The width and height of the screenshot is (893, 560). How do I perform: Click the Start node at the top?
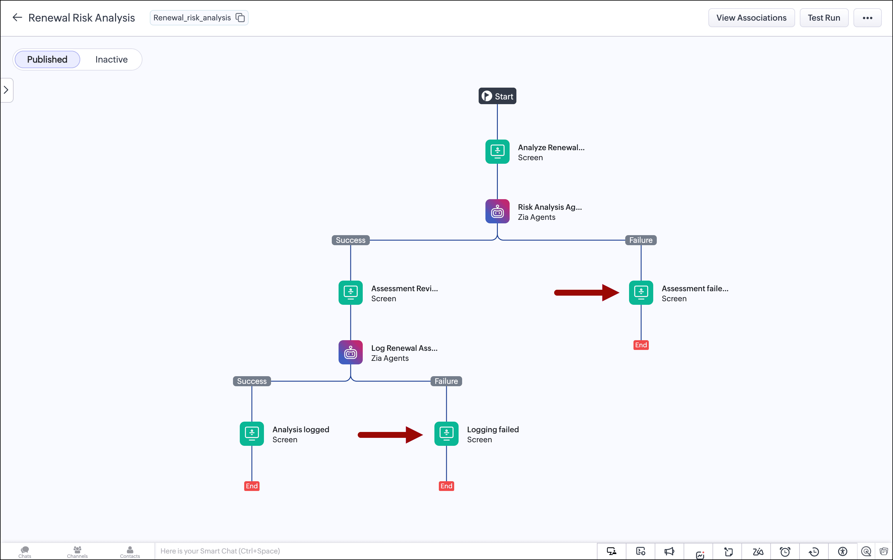(497, 96)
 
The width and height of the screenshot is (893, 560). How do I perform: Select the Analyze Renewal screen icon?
(497, 151)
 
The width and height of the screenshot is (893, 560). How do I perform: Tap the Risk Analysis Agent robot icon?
(497, 211)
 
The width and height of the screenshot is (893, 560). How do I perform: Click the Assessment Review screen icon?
(350, 293)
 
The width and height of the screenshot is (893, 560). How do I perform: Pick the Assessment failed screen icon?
(641, 293)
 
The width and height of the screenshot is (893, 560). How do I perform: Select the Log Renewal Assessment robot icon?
(350, 352)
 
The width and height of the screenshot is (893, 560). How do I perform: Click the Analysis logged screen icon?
(252, 434)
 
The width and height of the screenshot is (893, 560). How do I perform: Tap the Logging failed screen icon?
(446, 434)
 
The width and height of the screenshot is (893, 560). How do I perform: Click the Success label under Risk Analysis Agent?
(351, 240)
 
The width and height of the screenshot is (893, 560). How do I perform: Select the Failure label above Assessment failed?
(641, 240)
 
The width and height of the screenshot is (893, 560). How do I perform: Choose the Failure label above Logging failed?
(446, 381)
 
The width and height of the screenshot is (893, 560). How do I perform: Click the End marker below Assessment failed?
(641, 345)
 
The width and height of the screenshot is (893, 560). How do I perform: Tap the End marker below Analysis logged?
(252, 486)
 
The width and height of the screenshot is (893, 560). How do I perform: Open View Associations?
(751, 18)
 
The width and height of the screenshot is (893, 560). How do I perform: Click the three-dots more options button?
(867, 18)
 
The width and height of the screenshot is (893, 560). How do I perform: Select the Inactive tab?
(111, 59)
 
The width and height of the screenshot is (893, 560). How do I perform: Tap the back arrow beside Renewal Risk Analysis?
(17, 17)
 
